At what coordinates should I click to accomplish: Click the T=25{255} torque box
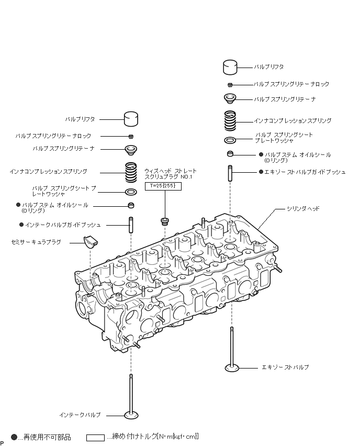click(x=163, y=186)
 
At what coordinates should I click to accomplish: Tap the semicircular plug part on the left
click(x=91, y=241)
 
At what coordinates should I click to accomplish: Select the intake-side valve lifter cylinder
click(x=131, y=119)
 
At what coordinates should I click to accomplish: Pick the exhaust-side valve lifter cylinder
click(x=230, y=68)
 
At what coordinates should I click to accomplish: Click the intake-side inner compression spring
click(x=131, y=171)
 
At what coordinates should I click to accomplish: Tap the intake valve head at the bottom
click(x=131, y=416)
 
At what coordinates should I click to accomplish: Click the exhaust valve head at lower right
click(x=231, y=367)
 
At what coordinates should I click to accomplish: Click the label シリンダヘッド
click(x=302, y=209)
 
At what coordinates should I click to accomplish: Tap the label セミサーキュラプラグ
click(x=36, y=242)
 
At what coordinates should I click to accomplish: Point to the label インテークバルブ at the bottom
click(x=80, y=415)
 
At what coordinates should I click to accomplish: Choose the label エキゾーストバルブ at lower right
click(x=285, y=367)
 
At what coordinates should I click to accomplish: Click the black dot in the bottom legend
click(x=14, y=436)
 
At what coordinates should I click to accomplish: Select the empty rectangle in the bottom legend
click(x=95, y=437)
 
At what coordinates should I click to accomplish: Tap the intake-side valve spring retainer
click(x=131, y=150)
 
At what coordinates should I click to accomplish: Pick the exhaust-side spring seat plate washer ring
click(x=230, y=140)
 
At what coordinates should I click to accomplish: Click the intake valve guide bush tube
click(x=131, y=225)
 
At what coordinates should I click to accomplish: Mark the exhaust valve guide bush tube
click(x=230, y=172)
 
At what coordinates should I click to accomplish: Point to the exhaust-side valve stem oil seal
click(x=230, y=154)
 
